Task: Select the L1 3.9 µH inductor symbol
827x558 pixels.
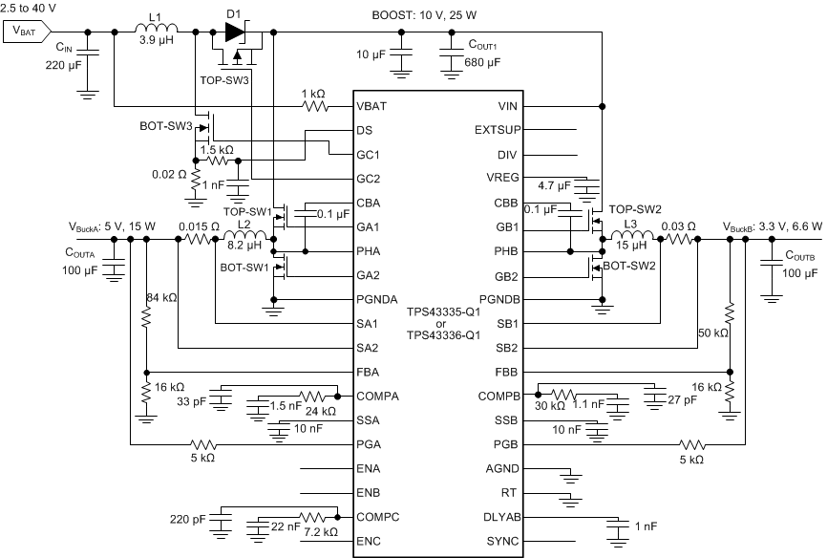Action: point(155,32)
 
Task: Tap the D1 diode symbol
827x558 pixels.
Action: point(235,32)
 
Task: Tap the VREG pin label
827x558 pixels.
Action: point(501,178)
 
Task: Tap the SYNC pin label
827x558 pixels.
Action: point(502,542)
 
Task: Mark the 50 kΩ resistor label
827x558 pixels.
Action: point(712,333)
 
